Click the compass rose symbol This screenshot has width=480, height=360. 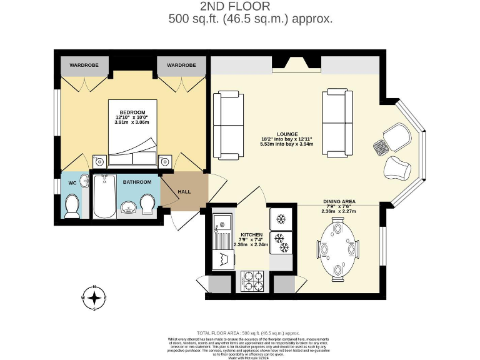point(94,298)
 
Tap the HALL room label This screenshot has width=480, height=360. point(184,192)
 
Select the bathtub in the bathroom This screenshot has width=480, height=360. point(104,196)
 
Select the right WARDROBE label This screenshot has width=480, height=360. point(181,65)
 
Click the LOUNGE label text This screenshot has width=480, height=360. point(287,134)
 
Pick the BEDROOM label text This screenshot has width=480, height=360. point(132,112)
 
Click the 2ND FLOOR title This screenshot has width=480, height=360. point(235,7)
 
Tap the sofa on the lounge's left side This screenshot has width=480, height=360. point(227,125)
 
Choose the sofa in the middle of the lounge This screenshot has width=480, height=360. point(337,123)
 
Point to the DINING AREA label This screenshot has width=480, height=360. point(339,201)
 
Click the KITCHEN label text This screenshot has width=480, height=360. point(251,234)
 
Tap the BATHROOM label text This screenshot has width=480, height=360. point(137,182)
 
